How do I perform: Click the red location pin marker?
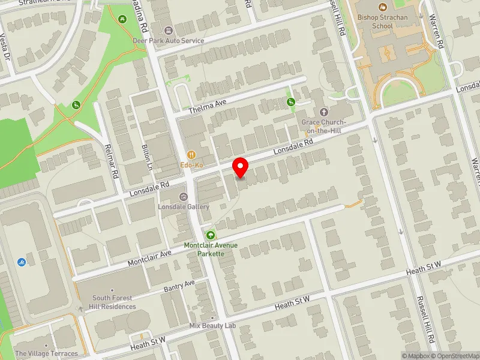pos(241,167)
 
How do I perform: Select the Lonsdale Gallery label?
pos(184,206)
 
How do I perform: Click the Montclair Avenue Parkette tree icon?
pos(210,235)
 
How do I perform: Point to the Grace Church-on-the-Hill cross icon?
pos(325,112)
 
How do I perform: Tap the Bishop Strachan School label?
pos(383,22)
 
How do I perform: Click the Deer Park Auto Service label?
pos(168,41)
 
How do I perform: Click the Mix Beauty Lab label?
pos(212,326)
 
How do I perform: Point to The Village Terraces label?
pos(47,353)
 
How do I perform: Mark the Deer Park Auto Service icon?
pos(168,31)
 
